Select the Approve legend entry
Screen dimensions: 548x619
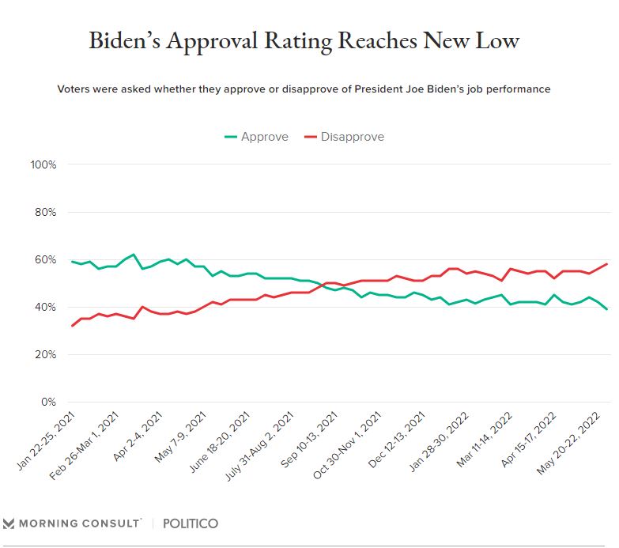(x=257, y=137)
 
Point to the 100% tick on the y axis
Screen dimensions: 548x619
(x=43, y=164)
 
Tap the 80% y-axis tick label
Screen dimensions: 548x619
(x=46, y=212)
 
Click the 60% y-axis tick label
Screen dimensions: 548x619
(x=46, y=259)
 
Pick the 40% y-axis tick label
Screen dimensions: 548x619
(x=46, y=307)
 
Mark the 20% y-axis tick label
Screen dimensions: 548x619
(x=46, y=354)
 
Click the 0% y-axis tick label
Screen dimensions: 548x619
(x=49, y=402)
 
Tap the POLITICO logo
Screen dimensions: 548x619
(x=191, y=523)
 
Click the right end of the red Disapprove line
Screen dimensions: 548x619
(x=606, y=264)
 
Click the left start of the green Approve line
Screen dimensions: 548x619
(x=72, y=262)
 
